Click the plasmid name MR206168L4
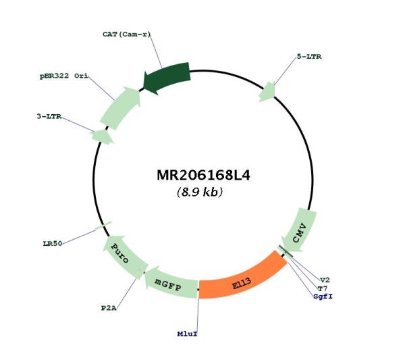(x=204, y=176)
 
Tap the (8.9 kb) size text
(x=200, y=192)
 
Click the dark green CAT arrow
(x=167, y=77)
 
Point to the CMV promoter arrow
(x=300, y=232)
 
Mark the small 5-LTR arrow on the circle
(x=267, y=92)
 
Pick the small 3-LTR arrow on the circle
(x=103, y=136)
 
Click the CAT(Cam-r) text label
(x=126, y=34)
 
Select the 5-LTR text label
(x=309, y=57)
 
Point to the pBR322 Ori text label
(x=64, y=76)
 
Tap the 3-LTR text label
(x=49, y=116)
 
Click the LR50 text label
(x=53, y=243)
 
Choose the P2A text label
(x=109, y=308)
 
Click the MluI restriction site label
(x=187, y=334)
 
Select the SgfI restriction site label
(x=323, y=297)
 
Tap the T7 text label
(x=323, y=288)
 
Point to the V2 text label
(x=325, y=280)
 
